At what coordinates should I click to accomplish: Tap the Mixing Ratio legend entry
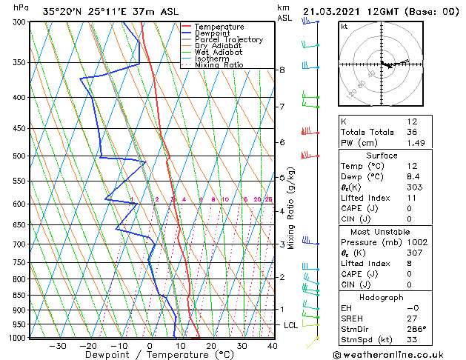[219, 65]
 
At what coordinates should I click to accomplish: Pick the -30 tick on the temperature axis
[57, 346]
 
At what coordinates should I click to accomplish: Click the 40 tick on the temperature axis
[272, 346]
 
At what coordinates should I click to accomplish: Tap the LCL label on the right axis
[292, 325]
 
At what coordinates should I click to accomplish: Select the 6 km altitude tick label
[282, 142]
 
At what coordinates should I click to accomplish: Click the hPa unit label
[21, 7]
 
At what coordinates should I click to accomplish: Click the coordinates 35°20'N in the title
[66, 11]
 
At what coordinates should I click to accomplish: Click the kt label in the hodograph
[344, 27]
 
